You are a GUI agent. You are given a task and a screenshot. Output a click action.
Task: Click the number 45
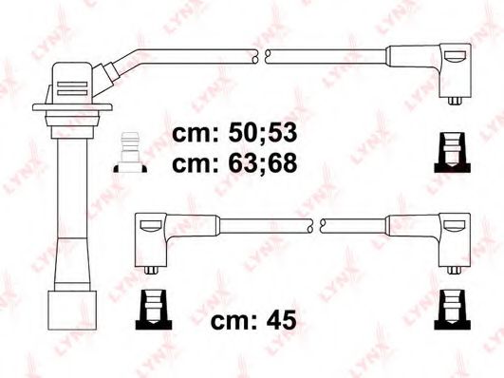click(278, 320)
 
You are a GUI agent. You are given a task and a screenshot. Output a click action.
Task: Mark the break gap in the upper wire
click(261, 55)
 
